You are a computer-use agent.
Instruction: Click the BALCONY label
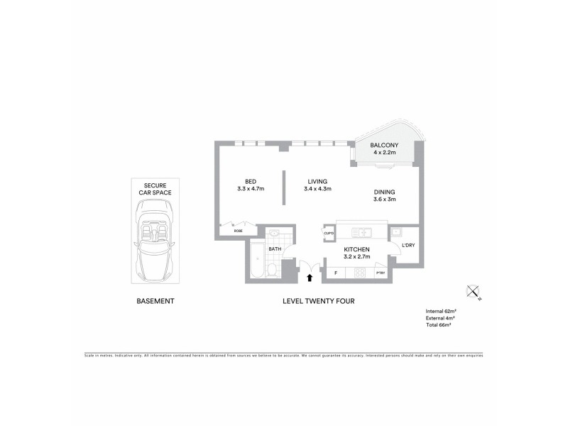pos(384,146)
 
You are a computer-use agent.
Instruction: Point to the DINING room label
pos(384,192)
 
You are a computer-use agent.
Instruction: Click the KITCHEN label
pos(356,250)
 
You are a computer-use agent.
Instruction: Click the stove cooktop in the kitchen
pos(359,272)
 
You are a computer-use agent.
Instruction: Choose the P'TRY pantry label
pos(380,273)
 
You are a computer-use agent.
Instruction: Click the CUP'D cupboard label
pos(329,232)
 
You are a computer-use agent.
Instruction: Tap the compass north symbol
pos(474,291)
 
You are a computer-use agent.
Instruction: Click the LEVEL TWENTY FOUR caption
pos(318,301)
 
